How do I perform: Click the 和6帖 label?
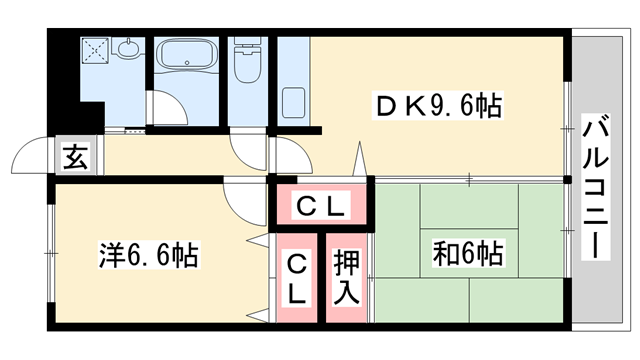[x=467, y=252]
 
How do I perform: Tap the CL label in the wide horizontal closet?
[x=321, y=207]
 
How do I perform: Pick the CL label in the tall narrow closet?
[x=297, y=277]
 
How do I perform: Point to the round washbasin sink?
[x=128, y=47]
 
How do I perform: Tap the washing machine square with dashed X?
[x=96, y=48]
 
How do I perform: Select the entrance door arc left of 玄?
[x=29, y=158]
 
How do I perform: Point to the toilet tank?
[x=245, y=46]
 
